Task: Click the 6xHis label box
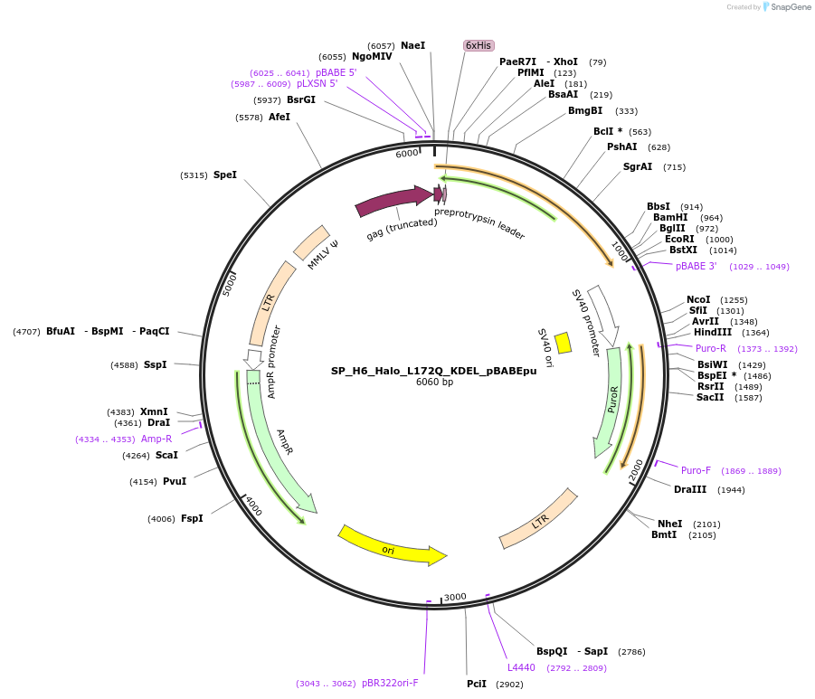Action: click(478, 45)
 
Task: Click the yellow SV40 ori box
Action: click(563, 343)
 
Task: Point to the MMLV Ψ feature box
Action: click(311, 242)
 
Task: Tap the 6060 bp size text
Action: click(433, 383)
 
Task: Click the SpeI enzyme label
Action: click(224, 175)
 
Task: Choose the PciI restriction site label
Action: click(477, 684)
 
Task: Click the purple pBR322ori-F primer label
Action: click(390, 683)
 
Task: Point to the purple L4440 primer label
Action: click(521, 667)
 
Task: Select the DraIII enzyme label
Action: click(690, 489)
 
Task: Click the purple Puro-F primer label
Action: click(696, 470)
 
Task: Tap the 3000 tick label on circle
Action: click(455, 597)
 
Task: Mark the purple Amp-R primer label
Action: click(156, 439)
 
